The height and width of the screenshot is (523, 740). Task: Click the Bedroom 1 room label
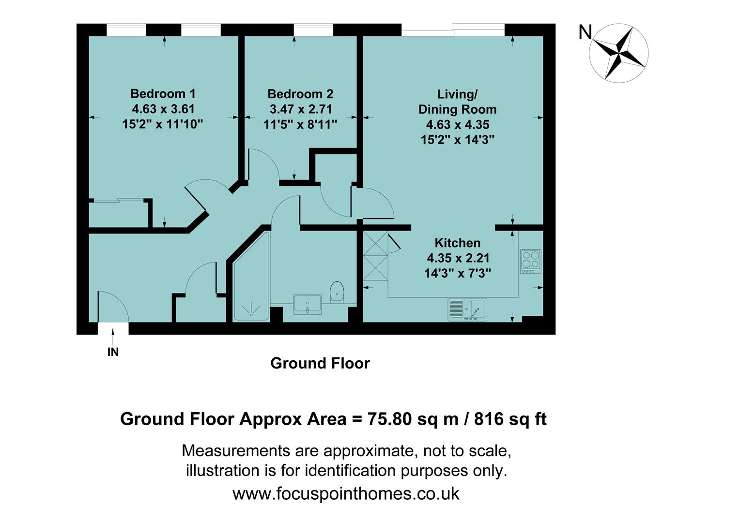coord(163,93)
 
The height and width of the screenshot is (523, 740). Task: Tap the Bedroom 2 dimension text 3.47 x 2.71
coord(300,109)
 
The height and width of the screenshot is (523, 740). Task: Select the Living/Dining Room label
coord(457,102)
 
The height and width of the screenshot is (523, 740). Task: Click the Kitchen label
coord(457,243)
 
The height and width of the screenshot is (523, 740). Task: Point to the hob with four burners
coord(530,261)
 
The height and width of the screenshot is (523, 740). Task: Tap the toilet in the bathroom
coord(337,292)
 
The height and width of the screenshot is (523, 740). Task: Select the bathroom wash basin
coord(307,304)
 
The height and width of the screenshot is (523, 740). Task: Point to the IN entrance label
coord(113,353)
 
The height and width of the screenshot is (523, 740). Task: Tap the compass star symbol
coord(618,52)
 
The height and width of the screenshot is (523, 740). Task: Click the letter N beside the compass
coord(585,32)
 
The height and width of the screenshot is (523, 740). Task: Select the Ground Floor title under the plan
coord(320,363)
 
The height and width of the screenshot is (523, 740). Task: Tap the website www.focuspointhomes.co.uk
coord(346,493)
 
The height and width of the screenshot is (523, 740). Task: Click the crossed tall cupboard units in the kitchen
coord(375,255)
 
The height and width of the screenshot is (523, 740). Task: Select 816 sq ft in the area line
coord(510,419)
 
